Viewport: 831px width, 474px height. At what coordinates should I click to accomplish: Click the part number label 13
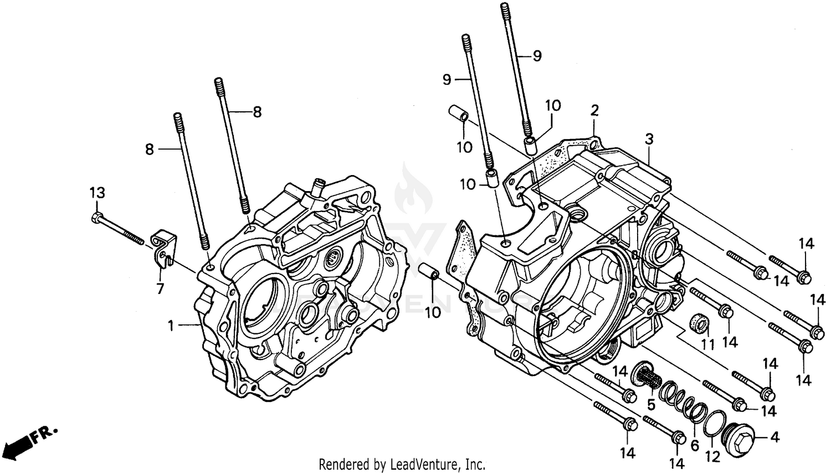pyautogui.click(x=97, y=193)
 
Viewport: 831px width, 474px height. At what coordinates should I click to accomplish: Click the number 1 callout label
pyautogui.click(x=171, y=326)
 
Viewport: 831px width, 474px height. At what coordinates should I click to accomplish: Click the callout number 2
pyautogui.click(x=594, y=110)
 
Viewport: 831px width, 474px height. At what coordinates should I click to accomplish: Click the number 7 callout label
pyautogui.click(x=160, y=288)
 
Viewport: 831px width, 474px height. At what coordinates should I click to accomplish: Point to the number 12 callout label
pyautogui.click(x=715, y=456)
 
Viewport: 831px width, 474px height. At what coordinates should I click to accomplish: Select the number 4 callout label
pyautogui.click(x=774, y=437)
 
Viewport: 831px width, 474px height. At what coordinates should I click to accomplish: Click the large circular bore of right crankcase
pyautogui.click(x=587, y=310)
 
